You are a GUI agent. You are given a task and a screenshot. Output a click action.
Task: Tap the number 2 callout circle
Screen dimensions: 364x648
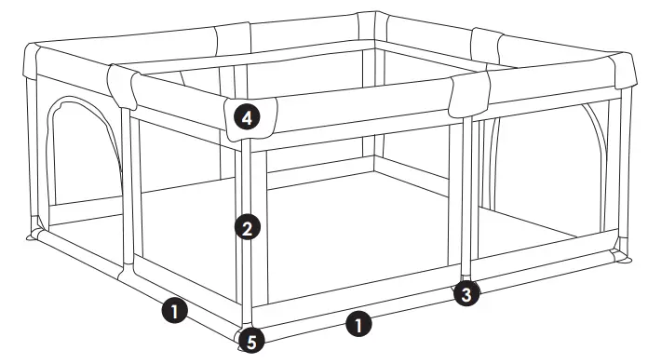tap(246, 227)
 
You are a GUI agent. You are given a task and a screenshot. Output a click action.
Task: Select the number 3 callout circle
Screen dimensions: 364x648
tap(467, 295)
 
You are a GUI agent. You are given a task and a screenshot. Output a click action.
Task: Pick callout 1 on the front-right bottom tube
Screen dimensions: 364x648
tap(358, 324)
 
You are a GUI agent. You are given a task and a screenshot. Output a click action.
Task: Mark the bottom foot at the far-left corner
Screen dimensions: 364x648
tap(34, 236)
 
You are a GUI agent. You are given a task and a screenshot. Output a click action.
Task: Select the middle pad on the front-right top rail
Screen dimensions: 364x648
tap(468, 90)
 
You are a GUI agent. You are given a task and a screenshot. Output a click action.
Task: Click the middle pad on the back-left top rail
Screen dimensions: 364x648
tap(233, 38)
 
